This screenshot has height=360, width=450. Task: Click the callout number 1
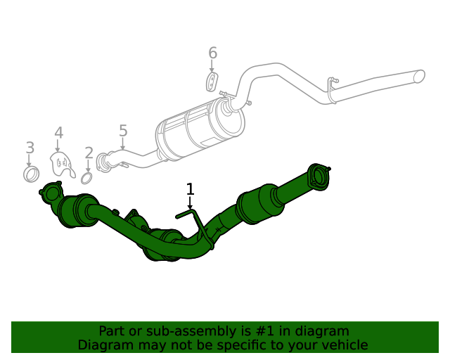coord(190,188)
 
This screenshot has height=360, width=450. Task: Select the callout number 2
coord(89,153)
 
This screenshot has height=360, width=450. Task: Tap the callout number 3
coord(30,148)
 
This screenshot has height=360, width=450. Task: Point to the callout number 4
coord(59,133)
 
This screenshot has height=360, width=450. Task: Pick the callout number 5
coord(123,131)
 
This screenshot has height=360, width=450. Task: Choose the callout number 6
coord(212,53)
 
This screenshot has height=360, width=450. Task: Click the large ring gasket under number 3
coord(31,174)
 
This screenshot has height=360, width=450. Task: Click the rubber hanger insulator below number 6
coord(212,82)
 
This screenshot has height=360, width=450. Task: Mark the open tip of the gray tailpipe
coord(420,75)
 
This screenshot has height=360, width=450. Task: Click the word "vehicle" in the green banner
coord(343,345)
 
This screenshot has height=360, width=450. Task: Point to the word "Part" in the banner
coord(112,330)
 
